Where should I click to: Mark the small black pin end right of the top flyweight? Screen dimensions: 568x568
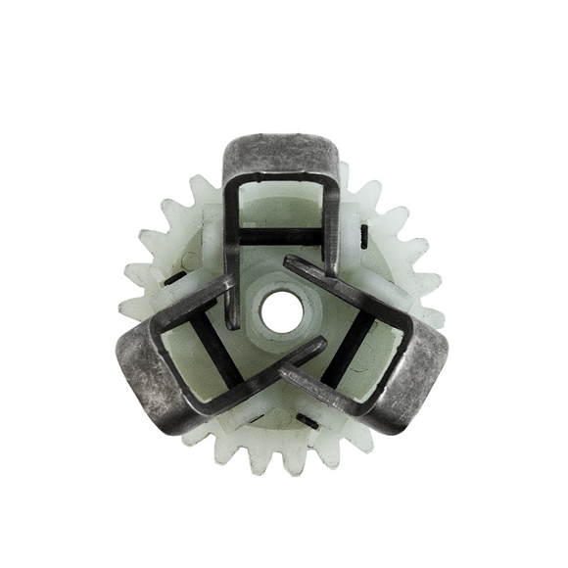pyautogui.click(x=364, y=234)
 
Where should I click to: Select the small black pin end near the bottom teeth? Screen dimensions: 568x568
pyautogui.click(x=307, y=421)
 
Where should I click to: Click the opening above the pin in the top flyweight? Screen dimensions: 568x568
pyautogui.click(x=282, y=203)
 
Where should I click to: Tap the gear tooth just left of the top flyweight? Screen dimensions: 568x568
pyautogui.click(x=203, y=189)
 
